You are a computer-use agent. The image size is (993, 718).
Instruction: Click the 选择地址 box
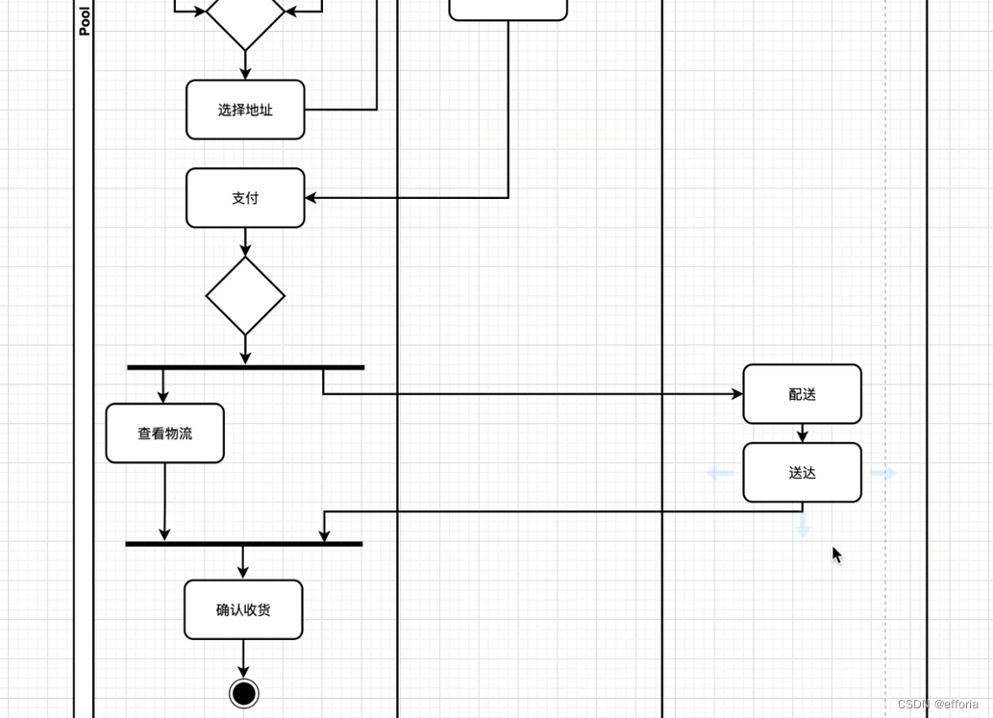245,110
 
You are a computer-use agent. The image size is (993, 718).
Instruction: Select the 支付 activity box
245,198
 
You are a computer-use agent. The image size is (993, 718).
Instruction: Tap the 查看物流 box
164,433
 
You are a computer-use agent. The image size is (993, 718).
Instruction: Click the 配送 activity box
802,394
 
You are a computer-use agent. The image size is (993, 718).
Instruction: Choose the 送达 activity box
802,473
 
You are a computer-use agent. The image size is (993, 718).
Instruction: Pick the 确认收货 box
243,609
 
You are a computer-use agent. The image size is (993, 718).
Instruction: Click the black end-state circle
244,693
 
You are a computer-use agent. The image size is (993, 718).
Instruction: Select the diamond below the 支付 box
245,296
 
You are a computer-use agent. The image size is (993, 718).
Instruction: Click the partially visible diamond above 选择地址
245,19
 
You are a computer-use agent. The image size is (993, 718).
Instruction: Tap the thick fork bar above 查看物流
245,367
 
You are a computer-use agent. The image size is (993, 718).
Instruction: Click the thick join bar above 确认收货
244,544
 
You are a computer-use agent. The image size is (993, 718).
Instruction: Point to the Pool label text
85,20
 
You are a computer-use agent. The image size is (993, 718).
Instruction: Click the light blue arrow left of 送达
720,473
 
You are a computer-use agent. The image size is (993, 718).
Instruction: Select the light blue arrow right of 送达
883,473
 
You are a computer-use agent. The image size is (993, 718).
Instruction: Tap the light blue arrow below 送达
803,526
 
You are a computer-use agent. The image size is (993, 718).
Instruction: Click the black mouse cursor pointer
836,555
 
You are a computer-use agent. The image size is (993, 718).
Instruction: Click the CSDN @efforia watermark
937,705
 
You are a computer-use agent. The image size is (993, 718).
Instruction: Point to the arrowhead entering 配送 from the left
737,394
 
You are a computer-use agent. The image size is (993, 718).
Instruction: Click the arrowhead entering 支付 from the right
311,198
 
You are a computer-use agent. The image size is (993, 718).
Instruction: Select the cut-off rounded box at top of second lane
508,9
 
